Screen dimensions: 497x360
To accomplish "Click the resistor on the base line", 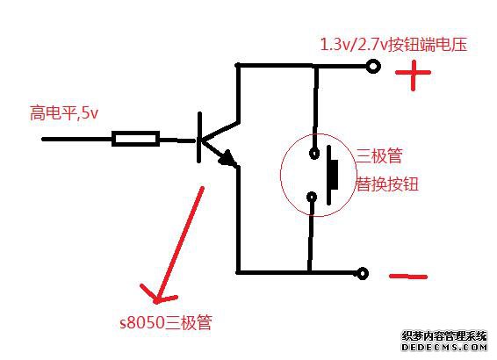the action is coord(135,139).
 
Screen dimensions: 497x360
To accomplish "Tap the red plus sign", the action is coord(413,74).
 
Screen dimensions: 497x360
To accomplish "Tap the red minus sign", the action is coord(408,277).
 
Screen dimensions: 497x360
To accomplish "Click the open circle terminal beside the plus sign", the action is coord(373,67).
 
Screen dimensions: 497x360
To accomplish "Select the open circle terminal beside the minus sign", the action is coord(363,273).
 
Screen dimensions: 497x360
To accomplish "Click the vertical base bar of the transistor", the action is coord(199,138).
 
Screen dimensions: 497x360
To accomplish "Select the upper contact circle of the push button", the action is coord(314,154).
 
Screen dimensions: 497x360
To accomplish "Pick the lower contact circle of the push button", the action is coord(313,197).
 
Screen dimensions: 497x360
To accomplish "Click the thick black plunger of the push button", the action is coord(332,175).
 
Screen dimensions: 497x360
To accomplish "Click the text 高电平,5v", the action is coord(64,113).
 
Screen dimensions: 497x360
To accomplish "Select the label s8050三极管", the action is coord(166,323).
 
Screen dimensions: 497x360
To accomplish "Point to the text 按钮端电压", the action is coord(428,45).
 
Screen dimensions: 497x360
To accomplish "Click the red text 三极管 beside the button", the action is coord(379,155).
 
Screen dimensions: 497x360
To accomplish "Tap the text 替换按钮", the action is coord(386,184).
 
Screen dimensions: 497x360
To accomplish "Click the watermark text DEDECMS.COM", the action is coord(444,347).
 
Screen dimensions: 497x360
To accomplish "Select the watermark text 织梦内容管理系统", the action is coord(444,335).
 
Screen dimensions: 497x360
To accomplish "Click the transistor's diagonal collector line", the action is coord(220,131).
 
